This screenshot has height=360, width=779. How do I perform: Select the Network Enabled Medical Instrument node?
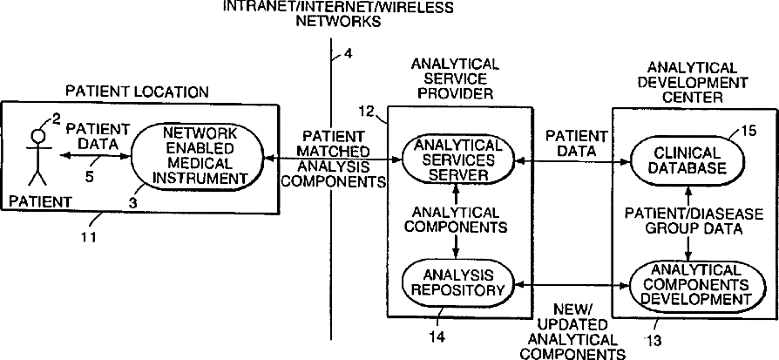[200, 158]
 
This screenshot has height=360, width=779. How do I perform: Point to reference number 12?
[366, 111]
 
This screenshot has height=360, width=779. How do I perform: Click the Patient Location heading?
[139, 91]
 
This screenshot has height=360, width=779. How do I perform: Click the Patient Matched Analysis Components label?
[335, 160]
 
